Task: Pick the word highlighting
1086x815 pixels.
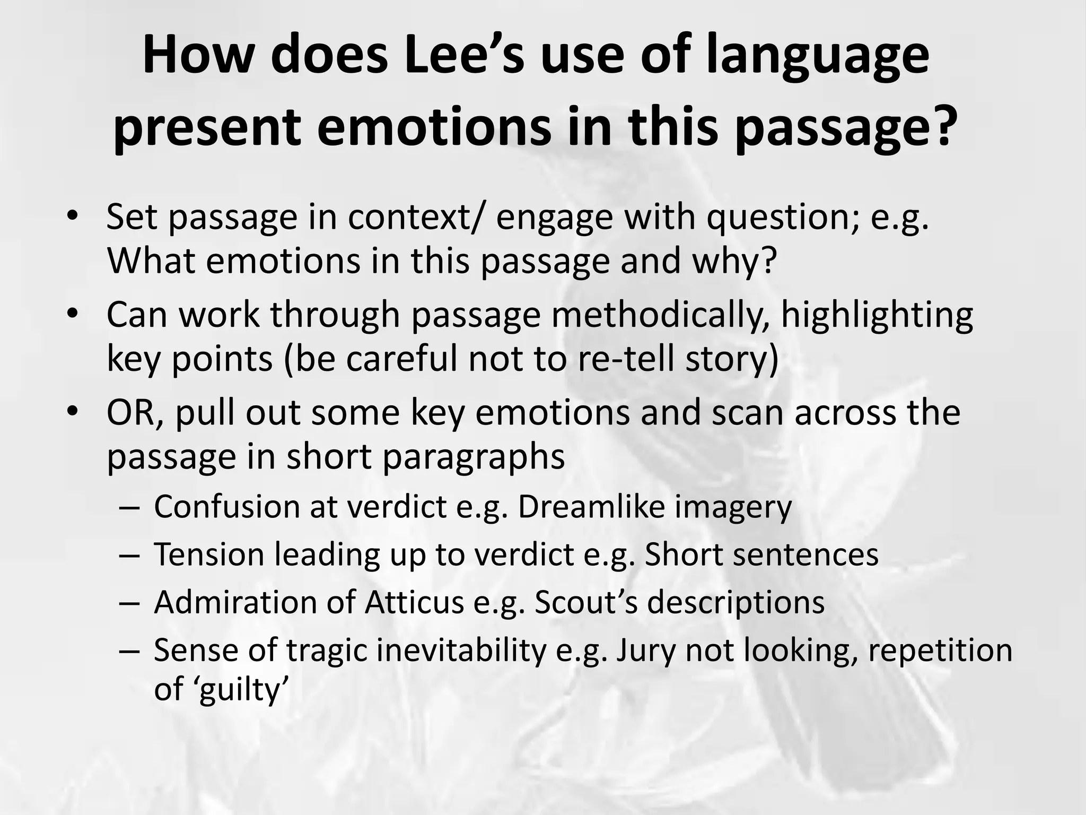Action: point(877,316)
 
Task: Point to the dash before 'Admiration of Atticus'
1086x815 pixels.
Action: point(129,603)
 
